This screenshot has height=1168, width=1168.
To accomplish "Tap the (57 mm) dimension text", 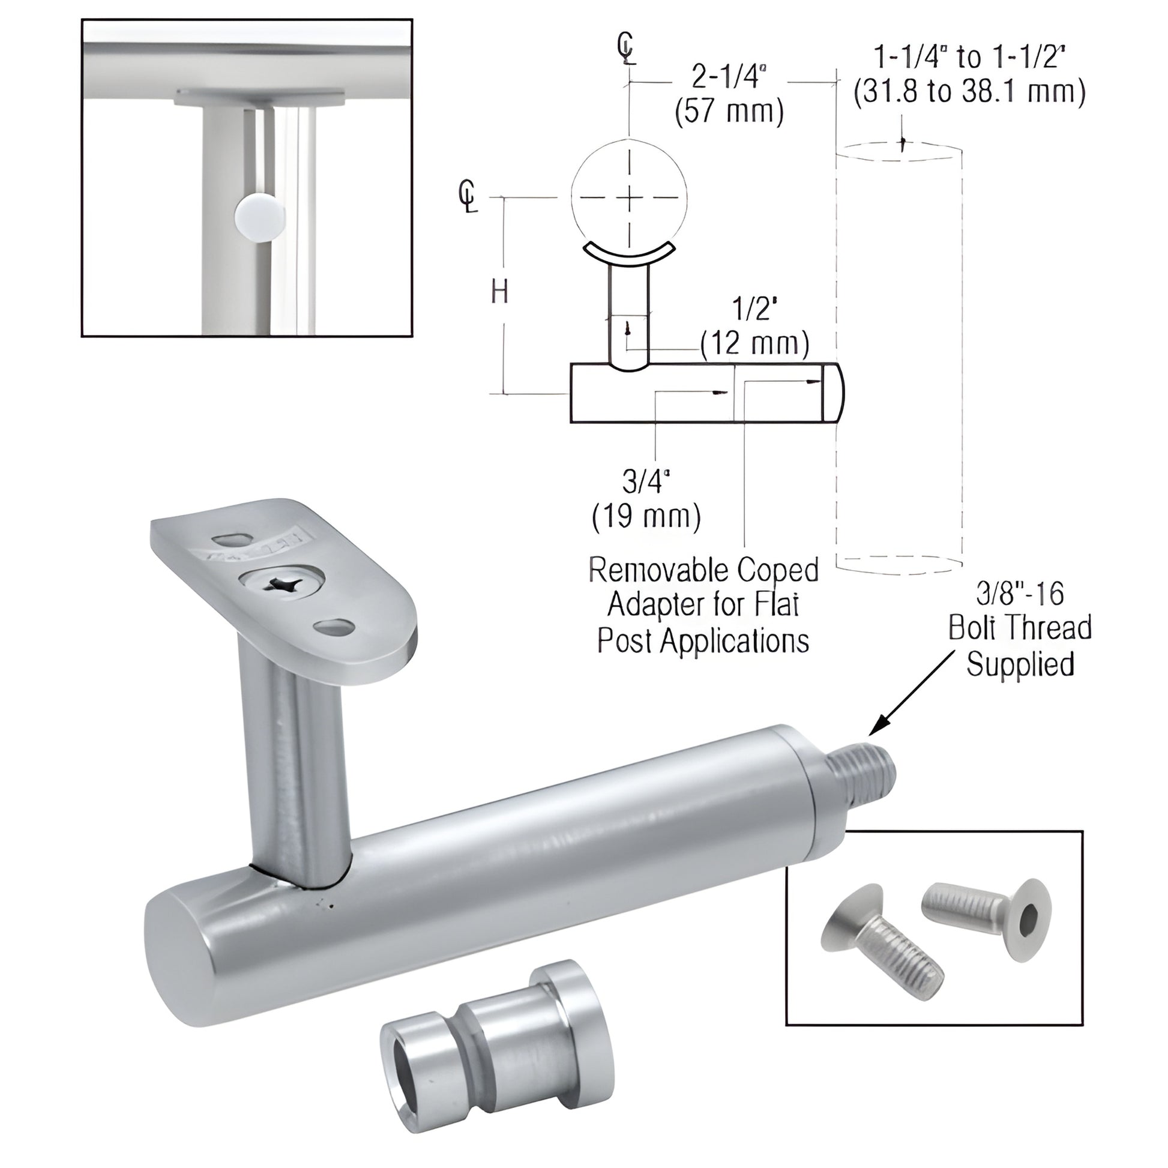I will point(729,112).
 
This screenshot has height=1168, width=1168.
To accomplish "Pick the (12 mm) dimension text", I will point(754,343).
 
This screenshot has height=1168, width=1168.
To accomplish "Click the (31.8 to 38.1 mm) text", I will point(970,92).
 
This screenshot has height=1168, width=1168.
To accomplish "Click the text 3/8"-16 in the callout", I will point(1019,594).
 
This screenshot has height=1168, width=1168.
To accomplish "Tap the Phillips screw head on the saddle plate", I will point(282,584).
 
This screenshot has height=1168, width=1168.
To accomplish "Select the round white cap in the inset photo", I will point(260,217).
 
